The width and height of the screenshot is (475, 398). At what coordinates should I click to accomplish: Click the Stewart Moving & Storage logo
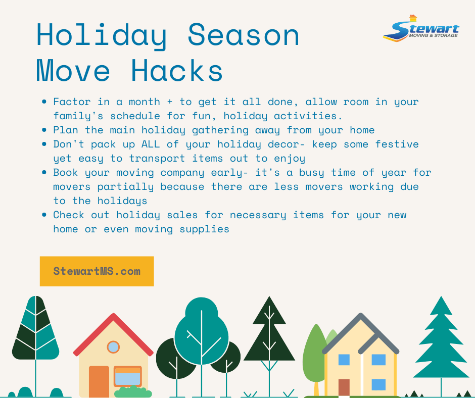pyautogui.click(x=421, y=28)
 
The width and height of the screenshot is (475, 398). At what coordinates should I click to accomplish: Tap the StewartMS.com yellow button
pyautogui.click(x=97, y=271)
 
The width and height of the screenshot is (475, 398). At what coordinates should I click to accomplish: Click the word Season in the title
pyautogui.click(x=244, y=35)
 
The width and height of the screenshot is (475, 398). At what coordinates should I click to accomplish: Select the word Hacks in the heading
pyautogui.click(x=177, y=70)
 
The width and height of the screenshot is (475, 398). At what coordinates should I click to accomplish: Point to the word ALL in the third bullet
pyautogui.click(x=151, y=144)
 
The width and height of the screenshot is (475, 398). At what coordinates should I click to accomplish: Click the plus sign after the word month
pyautogui.click(x=170, y=102)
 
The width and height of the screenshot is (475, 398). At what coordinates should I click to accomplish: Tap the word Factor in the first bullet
pyautogui.click(x=72, y=102)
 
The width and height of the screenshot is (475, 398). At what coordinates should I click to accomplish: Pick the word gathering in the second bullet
pyautogui.click(x=220, y=130)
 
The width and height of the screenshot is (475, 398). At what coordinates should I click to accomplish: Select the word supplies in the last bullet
pyautogui.click(x=205, y=229)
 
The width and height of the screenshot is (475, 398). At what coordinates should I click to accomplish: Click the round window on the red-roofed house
pyautogui.click(x=113, y=347)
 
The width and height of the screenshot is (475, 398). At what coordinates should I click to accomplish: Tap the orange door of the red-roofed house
pyautogui.click(x=99, y=381)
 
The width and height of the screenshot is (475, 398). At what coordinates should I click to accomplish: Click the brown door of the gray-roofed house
pyautogui.click(x=344, y=387)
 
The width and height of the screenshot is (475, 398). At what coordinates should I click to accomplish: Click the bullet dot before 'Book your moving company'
pyautogui.click(x=44, y=173)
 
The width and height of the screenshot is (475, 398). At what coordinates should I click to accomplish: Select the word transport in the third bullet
pyautogui.click(x=157, y=159)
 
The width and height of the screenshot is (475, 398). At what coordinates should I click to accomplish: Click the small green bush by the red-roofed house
pyautogui.click(x=133, y=392)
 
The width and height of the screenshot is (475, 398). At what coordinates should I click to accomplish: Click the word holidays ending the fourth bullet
pyautogui.click(x=122, y=201)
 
